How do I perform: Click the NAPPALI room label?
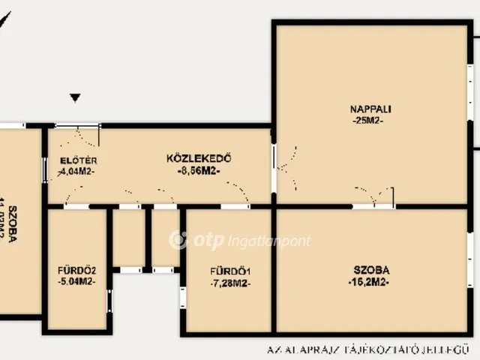[x=370, y=109]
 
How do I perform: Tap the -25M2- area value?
[x=367, y=121]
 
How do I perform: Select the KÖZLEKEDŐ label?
[x=198, y=158]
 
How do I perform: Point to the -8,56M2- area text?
[x=199, y=171]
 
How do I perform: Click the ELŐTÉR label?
[x=78, y=160]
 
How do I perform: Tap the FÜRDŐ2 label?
[x=77, y=270]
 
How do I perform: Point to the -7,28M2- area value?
[x=230, y=283]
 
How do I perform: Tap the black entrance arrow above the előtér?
[x=75, y=97]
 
